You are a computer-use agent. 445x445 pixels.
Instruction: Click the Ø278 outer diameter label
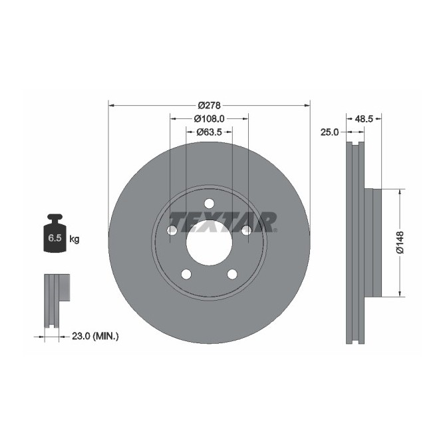click(x=209, y=105)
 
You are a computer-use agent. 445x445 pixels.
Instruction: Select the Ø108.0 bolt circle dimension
click(x=209, y=118)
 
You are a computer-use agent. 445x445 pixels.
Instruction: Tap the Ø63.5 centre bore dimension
click(x=209, y=132)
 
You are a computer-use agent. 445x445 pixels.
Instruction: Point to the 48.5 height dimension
click(x=364, y=119)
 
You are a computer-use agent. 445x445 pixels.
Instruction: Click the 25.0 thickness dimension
click(x=330, y=132)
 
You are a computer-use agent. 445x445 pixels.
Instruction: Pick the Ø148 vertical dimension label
click(x=400, y=242)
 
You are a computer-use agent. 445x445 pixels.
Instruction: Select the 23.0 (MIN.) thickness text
click(x=94, y=337)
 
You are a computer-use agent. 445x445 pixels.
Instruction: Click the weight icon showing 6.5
click(x=55, y=234)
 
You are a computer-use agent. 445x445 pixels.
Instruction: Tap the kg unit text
click(x=74, y=239)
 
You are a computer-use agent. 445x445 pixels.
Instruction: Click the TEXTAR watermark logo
click(x=222, y=222)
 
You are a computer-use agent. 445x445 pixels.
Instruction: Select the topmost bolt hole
click(x=209, y=204)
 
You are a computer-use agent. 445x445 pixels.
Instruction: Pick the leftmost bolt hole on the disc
click(x=172, y=230)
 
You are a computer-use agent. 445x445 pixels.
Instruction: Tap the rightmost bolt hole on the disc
click(x=246, y=230)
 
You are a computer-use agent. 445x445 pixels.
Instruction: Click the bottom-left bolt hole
click(x=186, y=274)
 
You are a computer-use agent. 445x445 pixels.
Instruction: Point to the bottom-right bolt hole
click(x=231, y=274)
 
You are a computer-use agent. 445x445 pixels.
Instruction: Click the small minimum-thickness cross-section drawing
click(x=56, y=299)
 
